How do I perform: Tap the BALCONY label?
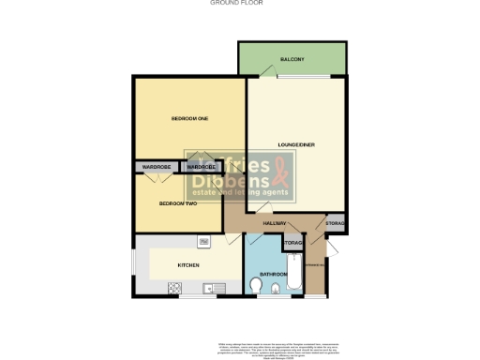[x=292, y=60]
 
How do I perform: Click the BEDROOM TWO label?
[x=176, y=203]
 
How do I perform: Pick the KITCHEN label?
[x=188, y=265]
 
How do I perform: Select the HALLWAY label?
[x=274, y=224]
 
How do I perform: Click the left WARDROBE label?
[x=157, y=167]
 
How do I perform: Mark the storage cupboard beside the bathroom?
[x=292, y=244]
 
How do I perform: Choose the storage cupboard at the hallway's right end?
[x=335, y=224]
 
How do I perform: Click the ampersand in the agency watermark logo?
[x=281, y=173]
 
